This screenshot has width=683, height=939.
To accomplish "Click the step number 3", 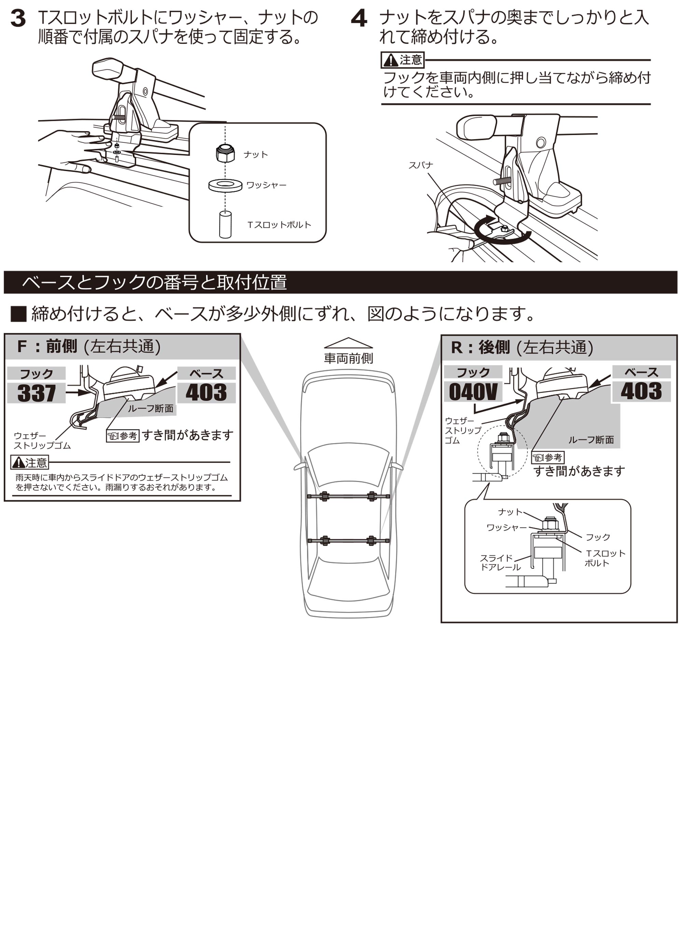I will [x=18, y=19].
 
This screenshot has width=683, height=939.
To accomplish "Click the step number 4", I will [x=359, y=19].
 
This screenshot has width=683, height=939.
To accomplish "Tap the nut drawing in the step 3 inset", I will [x=225, y=154].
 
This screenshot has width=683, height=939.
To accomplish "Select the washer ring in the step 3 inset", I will [x=225, y=185].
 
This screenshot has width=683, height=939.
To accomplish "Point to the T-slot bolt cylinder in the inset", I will [x=225, y=224].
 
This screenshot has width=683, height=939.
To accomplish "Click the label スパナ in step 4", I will [x=420, y=165].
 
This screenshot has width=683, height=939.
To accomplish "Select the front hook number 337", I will [x=37, y=393].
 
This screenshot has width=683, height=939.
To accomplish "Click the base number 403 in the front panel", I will [x=206, y=392].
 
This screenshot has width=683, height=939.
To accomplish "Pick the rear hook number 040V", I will [x=473, y=392].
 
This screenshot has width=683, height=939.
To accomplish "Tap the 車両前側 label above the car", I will [x=348, y=358].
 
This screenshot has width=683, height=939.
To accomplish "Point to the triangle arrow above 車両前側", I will [x=348, y=343].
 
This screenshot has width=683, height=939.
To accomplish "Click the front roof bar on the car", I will [x=348, y=496].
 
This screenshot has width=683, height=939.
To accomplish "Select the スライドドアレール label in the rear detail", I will [x=500, y=563].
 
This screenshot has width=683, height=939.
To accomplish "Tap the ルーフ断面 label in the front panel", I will [x=150, y=409].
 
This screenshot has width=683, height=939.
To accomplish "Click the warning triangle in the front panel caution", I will [x=18, y=462].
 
